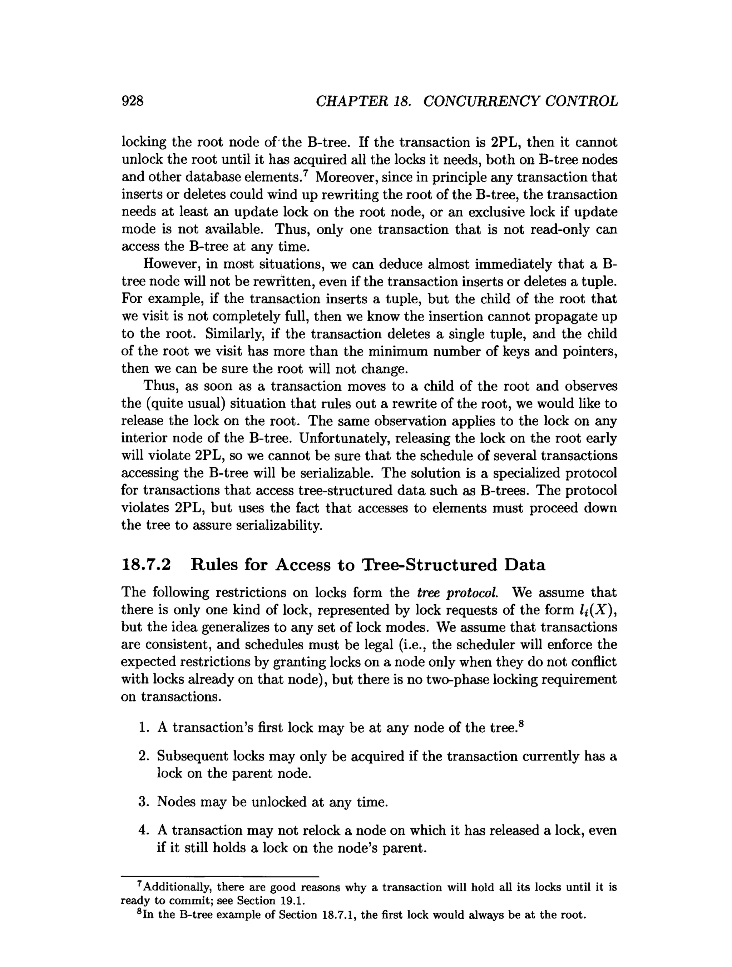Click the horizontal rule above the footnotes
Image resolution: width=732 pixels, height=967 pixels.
pyautogui.click(x=220, y=877)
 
